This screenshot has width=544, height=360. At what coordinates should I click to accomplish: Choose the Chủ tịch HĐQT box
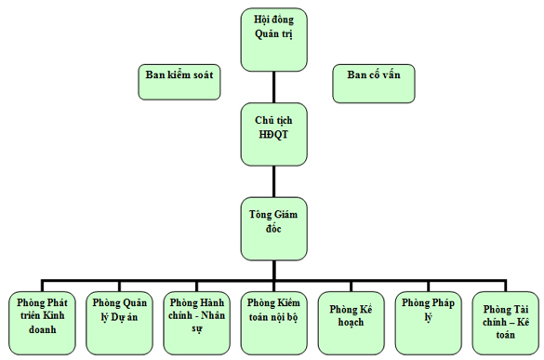tap(272, 129)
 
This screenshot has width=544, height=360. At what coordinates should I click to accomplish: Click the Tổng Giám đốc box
tap(272, 227)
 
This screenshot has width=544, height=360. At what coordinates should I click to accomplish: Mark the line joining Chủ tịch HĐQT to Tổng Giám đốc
tap(272, 177)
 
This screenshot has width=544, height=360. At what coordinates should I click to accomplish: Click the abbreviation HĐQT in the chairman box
tap(272, 136)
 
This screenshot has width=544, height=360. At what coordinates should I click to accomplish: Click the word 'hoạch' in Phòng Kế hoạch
tap(350, 323)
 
